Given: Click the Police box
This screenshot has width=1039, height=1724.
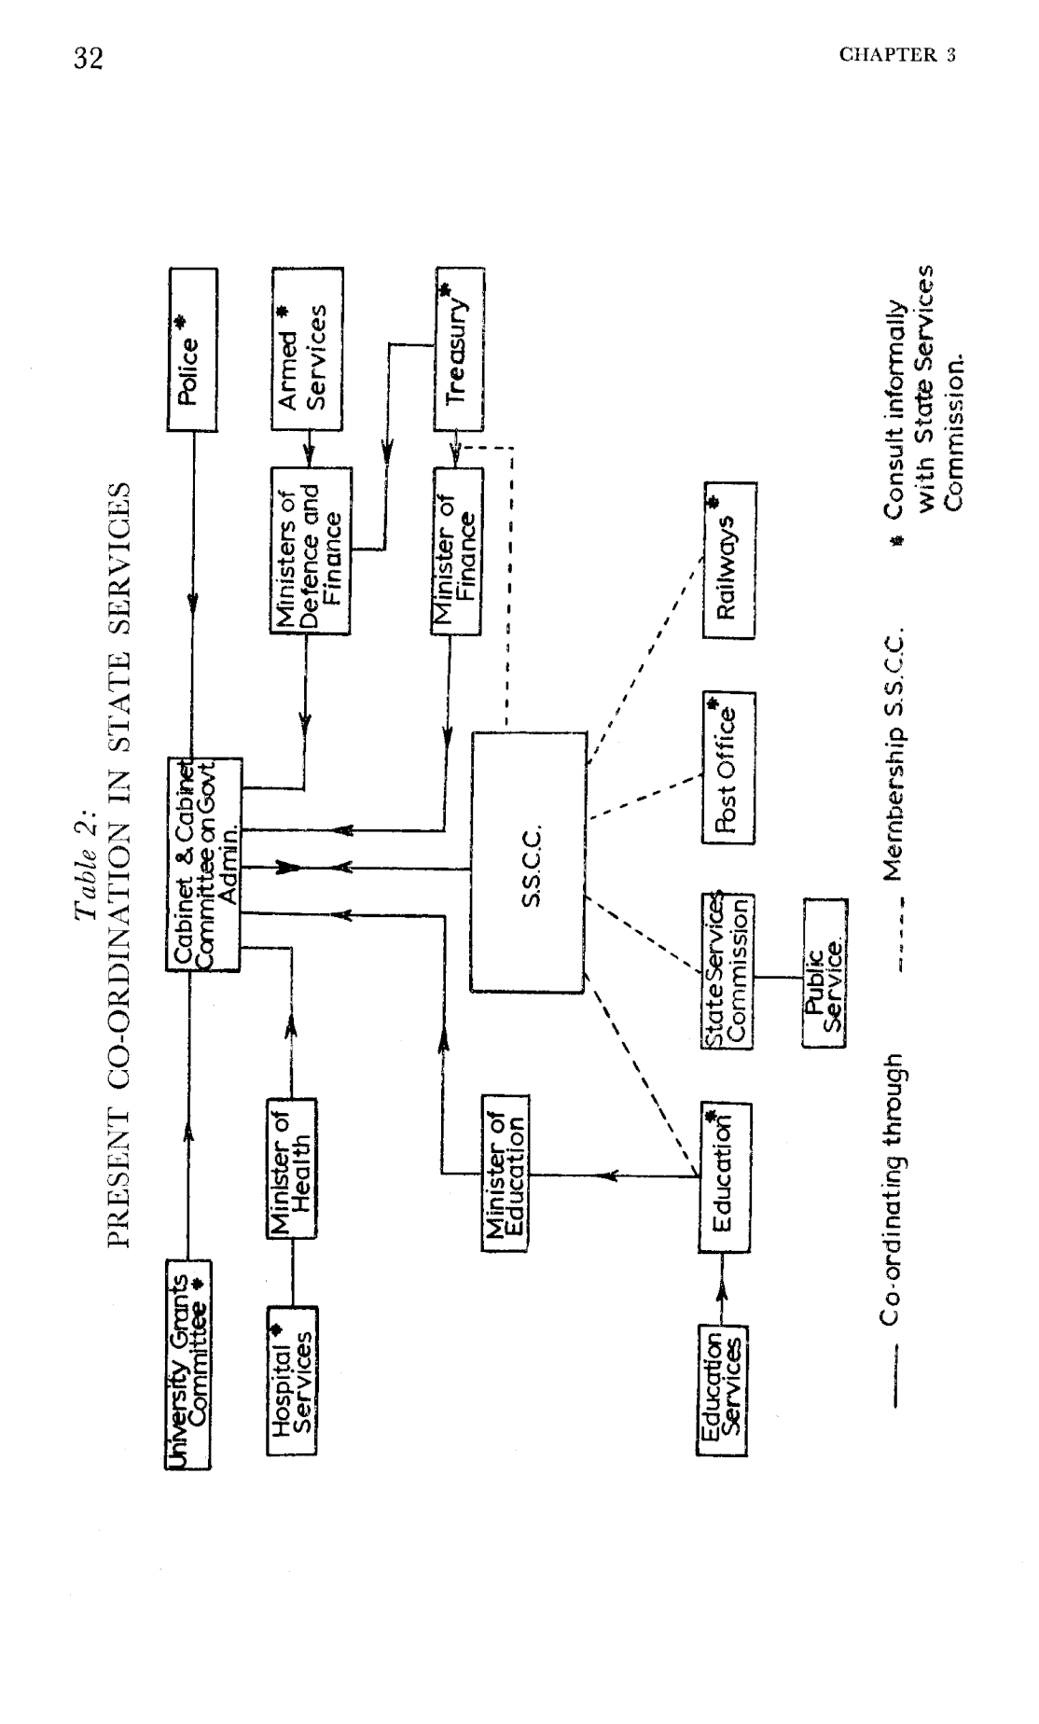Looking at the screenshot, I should (192, 350).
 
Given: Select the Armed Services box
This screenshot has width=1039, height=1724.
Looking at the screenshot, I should (308, 350).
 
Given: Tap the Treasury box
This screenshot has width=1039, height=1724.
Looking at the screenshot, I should (459, 350).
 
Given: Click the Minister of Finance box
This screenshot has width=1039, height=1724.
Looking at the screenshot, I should (457, 551).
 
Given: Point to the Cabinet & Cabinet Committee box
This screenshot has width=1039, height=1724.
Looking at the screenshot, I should (204, 864).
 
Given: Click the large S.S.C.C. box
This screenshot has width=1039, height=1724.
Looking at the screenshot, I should (529, 862).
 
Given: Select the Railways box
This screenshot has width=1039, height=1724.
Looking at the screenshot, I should (729, 560).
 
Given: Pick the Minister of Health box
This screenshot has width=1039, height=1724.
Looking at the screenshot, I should (291, 1167).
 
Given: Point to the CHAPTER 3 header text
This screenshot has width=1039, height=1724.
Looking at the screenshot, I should (897, 55).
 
